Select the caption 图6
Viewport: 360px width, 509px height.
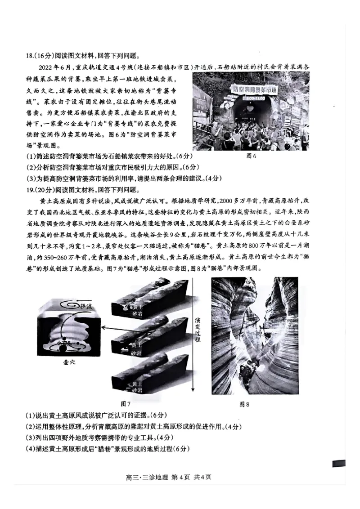251,156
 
